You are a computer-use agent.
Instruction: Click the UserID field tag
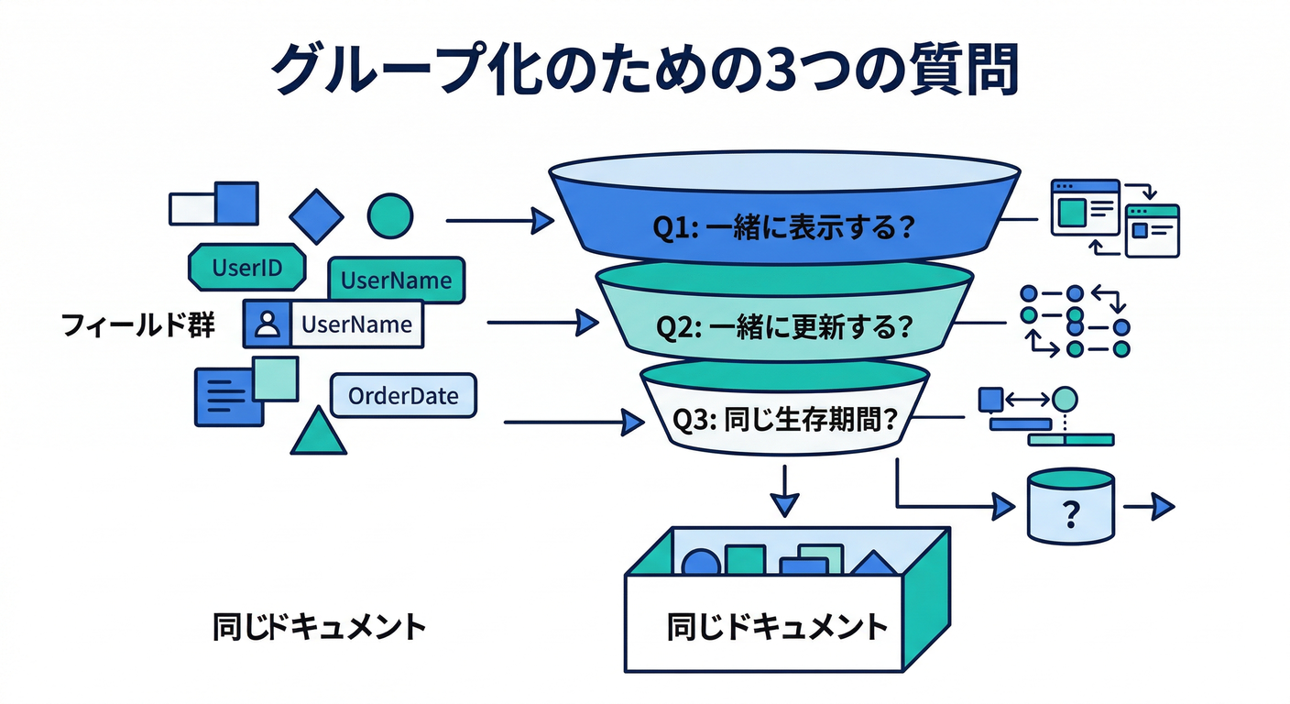pos(246,268)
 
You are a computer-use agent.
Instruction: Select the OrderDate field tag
pos(403,396)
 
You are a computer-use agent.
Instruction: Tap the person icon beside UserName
pos(268,324)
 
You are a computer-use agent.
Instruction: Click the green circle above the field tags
pos(390,214)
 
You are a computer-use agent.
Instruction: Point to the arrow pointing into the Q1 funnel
pos(499,221)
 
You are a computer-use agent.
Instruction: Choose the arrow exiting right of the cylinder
pos(1150,506)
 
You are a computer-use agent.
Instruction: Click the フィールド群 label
pos(137,324)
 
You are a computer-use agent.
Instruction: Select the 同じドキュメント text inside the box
pos(777,626)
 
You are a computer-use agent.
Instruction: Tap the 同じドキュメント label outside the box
pos(319,627)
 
